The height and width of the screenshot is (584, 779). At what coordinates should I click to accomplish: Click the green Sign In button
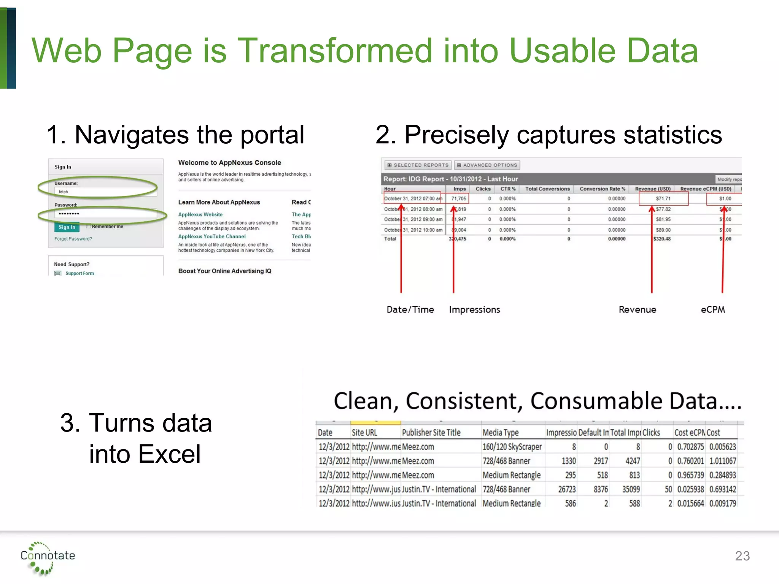(67, 227)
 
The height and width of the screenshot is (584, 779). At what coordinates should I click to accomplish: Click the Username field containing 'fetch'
(105, 192)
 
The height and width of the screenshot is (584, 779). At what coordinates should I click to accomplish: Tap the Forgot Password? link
(73, 239)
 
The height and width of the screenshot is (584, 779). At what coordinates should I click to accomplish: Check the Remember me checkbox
(89, 226)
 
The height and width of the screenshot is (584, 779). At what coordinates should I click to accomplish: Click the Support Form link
(79, 273)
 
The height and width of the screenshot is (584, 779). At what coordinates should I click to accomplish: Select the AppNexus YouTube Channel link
(212, 236)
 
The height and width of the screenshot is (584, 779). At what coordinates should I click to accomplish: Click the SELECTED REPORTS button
(418, 165)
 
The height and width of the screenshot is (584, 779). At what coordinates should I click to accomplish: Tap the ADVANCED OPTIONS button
(487, 165)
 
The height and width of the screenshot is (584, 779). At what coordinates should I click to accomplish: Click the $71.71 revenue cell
(663, 198)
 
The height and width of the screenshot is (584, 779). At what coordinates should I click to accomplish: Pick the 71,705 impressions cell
(458, 198)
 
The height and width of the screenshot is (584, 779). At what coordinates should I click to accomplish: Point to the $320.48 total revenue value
(662, 239)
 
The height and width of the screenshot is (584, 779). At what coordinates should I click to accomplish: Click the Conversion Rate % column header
(602, 189)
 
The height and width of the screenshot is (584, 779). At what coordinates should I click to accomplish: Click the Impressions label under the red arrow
(474, 309)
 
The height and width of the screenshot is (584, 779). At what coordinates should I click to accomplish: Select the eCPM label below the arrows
(713, 309)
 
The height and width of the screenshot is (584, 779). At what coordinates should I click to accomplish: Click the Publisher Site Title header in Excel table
(431, 433)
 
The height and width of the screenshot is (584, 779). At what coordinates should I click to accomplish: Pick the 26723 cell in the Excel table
(567, 489)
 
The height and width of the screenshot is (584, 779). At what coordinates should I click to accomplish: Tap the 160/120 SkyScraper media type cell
(512, 447)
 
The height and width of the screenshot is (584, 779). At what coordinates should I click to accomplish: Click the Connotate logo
(47, 557)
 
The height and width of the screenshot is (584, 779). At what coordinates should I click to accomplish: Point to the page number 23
(742, 556)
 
